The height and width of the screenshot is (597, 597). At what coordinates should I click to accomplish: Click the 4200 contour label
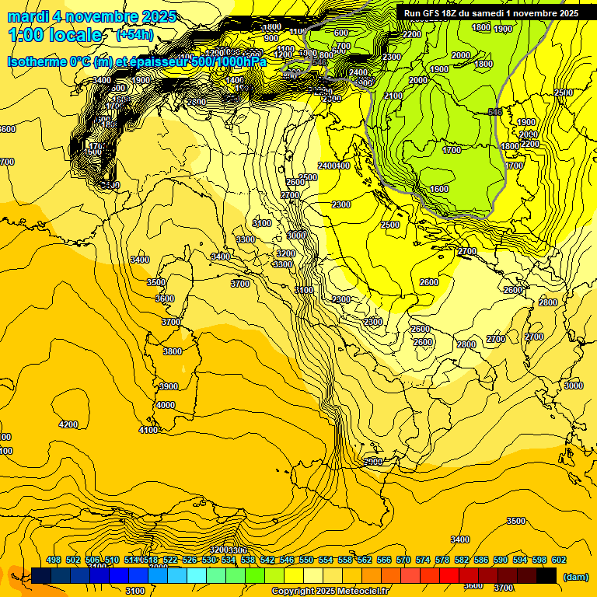tap(68, 424)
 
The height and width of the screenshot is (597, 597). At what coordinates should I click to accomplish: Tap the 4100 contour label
tap(148, 430)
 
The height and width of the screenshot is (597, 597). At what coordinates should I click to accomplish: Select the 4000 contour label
tap(166, 405)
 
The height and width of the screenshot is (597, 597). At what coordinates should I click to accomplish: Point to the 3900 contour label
tap(168, 386)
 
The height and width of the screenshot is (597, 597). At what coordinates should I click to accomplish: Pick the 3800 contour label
tap(173, 351)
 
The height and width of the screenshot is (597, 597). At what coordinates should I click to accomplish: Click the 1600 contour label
tap(439, 189)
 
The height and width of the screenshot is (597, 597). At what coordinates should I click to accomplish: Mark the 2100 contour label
tap(393, 96)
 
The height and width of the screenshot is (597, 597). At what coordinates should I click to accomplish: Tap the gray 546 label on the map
tap(494, 112)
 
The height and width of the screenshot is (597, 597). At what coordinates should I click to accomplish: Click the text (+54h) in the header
tap(134, 35)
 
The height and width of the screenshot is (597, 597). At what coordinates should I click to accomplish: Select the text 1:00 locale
tap(55, 35)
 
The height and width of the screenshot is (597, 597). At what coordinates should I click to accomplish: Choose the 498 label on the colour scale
tap(54, 560)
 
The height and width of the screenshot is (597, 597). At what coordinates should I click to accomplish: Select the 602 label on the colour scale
tap(559, 560)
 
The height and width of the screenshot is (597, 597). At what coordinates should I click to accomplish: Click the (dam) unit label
tap(574, 576)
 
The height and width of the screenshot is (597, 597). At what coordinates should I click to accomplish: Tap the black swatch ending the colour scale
tap(546, 575)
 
